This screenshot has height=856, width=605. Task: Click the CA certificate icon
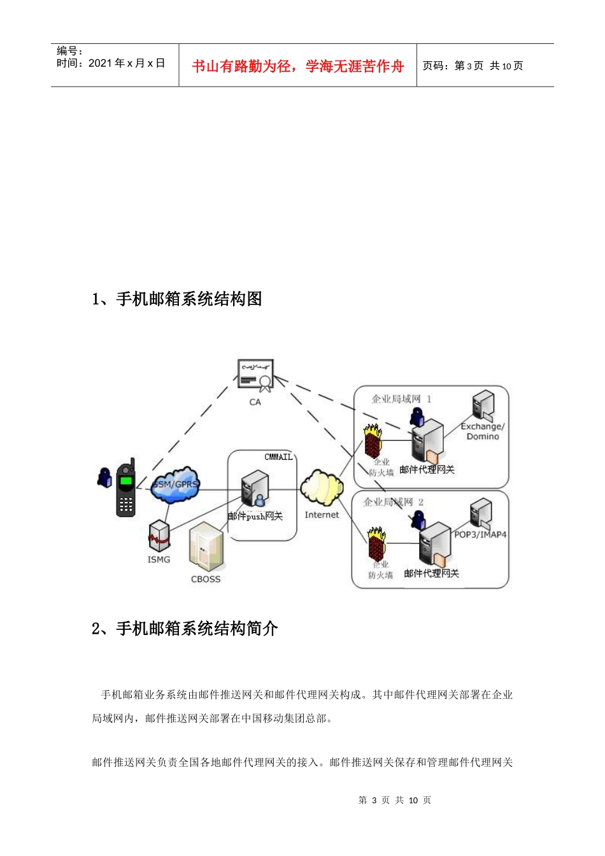point(255,376)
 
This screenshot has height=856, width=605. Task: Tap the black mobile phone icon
point(126,489)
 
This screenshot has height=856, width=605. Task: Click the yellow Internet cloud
point(322,488)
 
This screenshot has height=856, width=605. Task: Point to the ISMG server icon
point(159,536)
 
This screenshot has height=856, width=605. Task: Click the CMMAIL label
point(278,457)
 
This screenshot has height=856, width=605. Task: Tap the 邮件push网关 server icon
point(255,490)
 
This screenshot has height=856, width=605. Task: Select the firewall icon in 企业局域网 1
point(373,440)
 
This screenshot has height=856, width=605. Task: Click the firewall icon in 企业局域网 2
point(377,543)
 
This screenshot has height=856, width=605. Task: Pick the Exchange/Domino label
point(483,431)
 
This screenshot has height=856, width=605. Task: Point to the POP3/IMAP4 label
point(480,534)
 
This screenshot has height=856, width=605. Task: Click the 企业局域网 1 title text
point(401,399)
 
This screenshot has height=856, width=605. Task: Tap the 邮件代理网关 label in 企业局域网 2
point(431,573)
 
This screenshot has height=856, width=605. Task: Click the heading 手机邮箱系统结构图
point(177,299)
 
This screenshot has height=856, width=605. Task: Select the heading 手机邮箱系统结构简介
point(185,629)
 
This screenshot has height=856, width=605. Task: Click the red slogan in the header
point(298,66)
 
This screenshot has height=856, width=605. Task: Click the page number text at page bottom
point(395,800)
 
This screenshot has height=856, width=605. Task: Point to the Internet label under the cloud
point(322,515)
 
